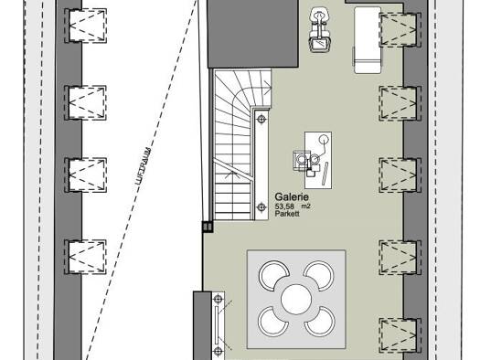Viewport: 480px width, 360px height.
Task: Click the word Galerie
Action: (x=292, y=196)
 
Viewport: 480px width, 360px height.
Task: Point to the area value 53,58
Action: (x=284, y=206)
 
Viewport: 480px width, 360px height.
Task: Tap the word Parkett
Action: (x=287, y=214)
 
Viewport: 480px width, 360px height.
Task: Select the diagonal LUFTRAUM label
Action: (x=144, y=166)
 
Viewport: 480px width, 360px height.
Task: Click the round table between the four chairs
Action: (x=296, y=299)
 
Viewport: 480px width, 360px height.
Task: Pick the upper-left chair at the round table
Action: (x=272, y=274)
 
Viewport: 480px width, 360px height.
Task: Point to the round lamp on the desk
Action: (x=324, y=140)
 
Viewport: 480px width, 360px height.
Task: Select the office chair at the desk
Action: (x=300, y=161)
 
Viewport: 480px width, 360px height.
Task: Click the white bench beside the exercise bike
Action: (x=368, y=40)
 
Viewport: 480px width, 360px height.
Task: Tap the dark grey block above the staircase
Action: (x=252, y=33)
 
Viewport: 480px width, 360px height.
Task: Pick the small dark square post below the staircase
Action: (x=208, y=227)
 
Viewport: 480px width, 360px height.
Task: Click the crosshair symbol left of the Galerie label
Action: (x=261, y=207)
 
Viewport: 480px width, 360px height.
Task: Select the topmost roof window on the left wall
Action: (x=86, y=26)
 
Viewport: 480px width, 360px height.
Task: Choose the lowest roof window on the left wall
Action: (x=86, y=257)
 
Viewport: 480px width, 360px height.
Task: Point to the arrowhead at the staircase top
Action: (x=269, y=89)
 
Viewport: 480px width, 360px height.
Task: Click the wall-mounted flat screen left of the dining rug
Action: (x=217, y=325)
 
